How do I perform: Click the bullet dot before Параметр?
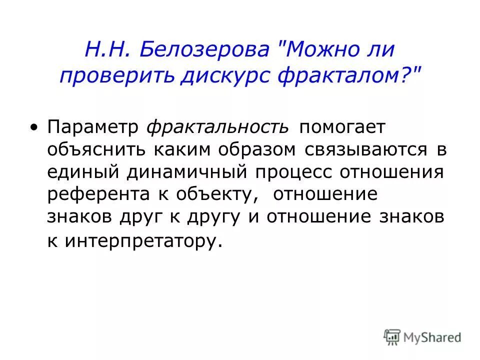[33, 126]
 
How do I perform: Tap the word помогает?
[343, 126]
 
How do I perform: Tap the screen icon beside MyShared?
[392, 337]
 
